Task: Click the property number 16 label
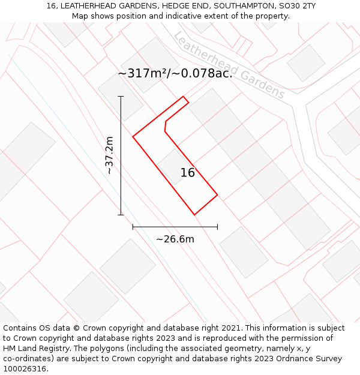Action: tap(188, 173)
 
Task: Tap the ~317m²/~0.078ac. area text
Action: tap(175, 74)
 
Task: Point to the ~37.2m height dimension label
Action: tap(109, 155)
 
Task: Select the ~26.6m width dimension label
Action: tap(175, 239)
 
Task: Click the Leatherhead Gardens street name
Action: tap(229, 65)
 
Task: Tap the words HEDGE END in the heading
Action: tap(178, 6)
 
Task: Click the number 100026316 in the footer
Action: tap(25, 369)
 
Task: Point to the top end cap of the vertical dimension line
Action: tap(121, 96)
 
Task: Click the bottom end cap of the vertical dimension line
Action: tap(121, 215)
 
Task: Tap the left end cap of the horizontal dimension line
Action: tap(133, 227)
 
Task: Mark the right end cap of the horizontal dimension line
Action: tap(217, 227)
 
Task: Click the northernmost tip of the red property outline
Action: tap(184, 96)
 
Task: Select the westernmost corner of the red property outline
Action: tap(133, 137)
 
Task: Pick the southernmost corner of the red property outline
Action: tap(194, 215)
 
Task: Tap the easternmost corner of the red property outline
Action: tap(217, 195)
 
